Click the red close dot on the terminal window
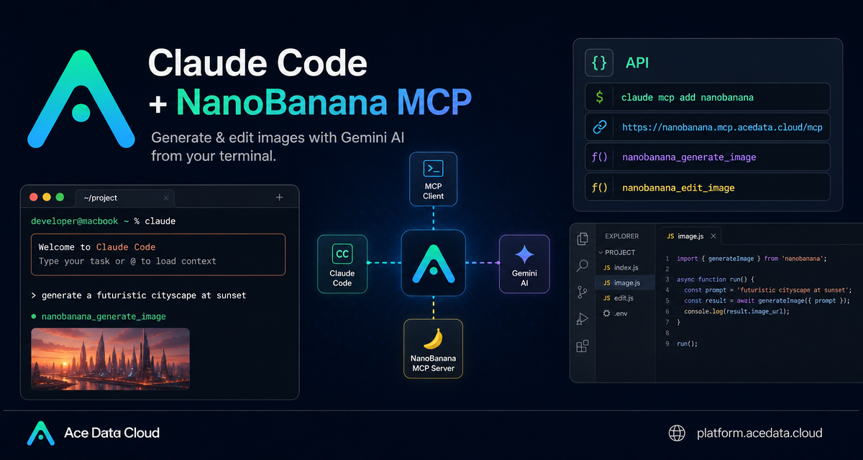click(x=34, y=197)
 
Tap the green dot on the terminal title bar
click(x=60, y=197)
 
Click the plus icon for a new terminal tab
click(x=279, y=198)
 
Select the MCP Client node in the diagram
click(x=433, y=179)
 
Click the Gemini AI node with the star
click(x=524, y=264)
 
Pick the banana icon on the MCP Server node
click(x=434, y=339)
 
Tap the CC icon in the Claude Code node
click(x=342, y=254)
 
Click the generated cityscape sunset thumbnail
click(x=110, y=359)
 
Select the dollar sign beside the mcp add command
click(x=600, y=97)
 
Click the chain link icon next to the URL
click(x=600, y=126)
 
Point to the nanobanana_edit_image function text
click(x=678, y=188)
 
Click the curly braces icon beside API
click(x=599, y=63)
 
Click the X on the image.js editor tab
click(x=713, y=236)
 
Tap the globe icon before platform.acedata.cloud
click(x=677, y=433)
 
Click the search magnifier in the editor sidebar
click(x=582, y=266)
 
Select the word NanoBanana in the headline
click(x=282, y=101)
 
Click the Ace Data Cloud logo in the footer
click(x=41, y=433)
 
